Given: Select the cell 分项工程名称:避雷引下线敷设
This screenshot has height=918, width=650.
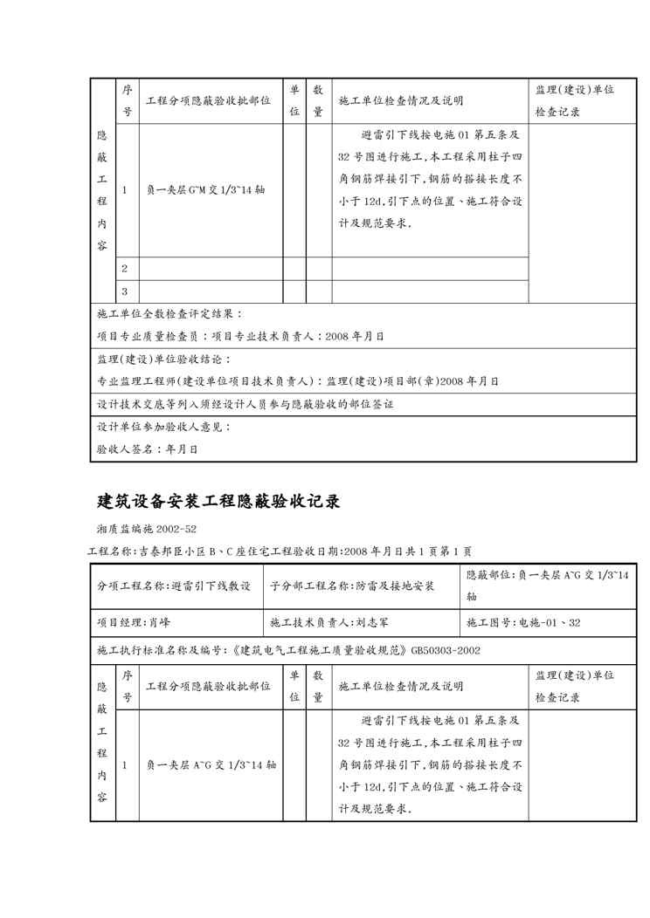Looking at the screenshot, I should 174,586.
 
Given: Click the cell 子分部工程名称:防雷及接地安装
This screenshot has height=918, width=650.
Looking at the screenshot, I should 351,586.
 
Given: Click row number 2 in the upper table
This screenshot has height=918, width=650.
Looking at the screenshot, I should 124,268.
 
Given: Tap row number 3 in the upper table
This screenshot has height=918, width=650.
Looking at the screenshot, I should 124,291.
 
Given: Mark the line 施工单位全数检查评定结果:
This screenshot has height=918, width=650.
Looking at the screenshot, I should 169,314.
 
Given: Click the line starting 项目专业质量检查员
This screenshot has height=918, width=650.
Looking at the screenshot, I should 239,336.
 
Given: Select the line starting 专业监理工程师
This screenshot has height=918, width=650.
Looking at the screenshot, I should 297,381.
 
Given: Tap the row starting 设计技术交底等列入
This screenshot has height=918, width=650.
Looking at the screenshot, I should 245,404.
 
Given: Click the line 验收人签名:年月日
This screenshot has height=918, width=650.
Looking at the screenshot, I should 147,449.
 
